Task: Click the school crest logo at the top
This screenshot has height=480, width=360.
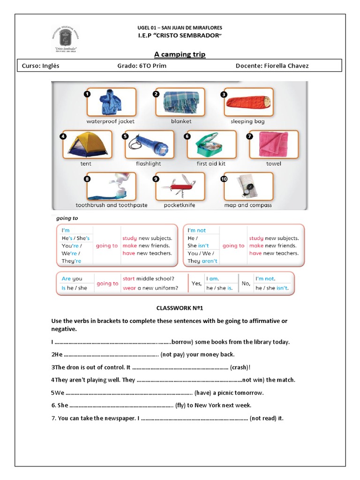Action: click(x=72, y=39)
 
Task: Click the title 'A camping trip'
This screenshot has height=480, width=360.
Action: click(x=180, y=54)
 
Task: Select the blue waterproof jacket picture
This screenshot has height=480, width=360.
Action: click(x=111, y=102)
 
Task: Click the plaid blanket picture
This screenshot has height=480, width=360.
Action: click(x=180, y=102)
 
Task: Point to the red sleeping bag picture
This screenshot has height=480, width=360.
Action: click(x=248, y=102)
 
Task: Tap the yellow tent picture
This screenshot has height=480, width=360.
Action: click(x=87, y=144)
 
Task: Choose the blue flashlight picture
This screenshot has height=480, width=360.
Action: click(x=148, y=144)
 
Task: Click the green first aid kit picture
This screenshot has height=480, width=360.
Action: click(x=211, y=144)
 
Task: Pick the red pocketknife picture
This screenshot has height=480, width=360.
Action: click(x=180, y=186)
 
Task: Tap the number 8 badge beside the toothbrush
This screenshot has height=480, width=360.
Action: click(x=87, y=179)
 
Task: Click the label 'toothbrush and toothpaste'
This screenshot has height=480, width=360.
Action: click(x=112, y=205)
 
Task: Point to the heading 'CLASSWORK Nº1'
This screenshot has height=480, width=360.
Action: click(x=180, y=308)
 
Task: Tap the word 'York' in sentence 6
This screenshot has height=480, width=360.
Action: click(x=211, y=405)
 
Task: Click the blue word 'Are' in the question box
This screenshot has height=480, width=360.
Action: click(x=67, y=279)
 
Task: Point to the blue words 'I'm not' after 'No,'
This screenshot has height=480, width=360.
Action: click(x=265, y=279)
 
